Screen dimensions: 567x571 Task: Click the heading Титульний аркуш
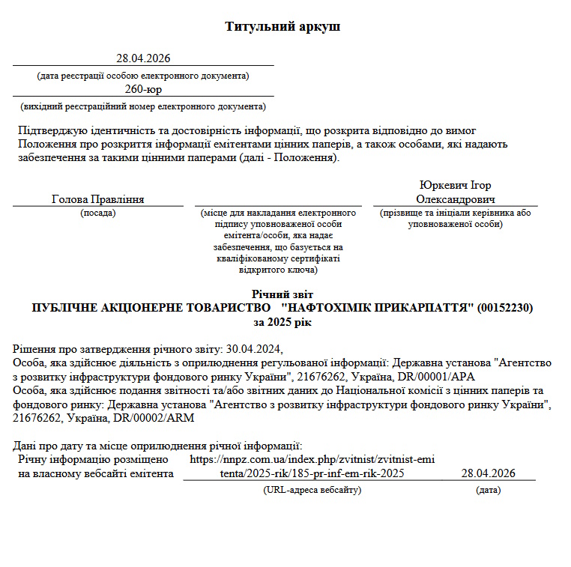tap(283, 27)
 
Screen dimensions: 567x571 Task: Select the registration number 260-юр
tap(144, 89)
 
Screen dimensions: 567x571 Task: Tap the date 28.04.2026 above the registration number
tap(144, 58)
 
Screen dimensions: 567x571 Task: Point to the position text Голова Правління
tap(98, 199)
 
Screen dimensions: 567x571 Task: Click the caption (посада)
tap(98, 213)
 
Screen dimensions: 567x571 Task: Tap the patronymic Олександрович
tap(456, 199)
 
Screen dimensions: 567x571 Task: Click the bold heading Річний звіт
tap(283, 294)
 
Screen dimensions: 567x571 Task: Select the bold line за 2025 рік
tap(283, 321)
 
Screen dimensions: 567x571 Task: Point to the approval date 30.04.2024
tap(256, 349)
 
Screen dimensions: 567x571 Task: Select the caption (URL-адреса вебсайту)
tap(312, 490)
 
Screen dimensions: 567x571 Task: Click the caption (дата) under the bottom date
tap(488, 490)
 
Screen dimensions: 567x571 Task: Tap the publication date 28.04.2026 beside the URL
tap(488, 473)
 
